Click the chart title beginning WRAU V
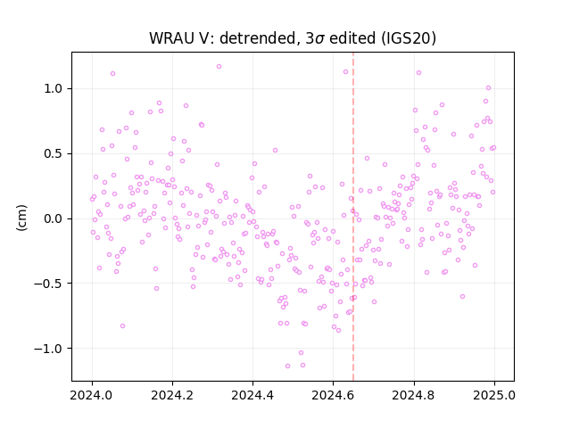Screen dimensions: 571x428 tap(293, 38)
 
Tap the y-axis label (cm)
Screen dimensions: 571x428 tap(21, 218)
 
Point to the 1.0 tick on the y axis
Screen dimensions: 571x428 tap(54, 89)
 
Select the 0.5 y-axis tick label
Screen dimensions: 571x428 tap(54, 153)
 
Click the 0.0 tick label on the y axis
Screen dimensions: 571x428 tap(54, 218)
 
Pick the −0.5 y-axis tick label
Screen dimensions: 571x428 tap(48, 284)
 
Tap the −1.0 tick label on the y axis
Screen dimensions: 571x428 tap(48, 349)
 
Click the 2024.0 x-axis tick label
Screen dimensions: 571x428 tap(92, 395)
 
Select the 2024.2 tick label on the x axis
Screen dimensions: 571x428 tap(172, 395)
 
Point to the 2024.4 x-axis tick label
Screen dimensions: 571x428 tap(252, 395)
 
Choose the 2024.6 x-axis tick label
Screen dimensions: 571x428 tap(333, 395)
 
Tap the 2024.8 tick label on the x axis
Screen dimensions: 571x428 tap(414, 395)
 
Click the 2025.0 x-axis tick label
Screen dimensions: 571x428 tap(494, 395)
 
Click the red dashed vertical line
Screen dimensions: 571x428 tap(353, 217)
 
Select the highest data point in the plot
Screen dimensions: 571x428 tap(219, 67)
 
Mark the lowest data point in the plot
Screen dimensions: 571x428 tap(287, 366)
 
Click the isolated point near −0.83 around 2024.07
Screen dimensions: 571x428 tap(123, 325)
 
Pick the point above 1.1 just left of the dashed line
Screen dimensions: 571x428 tap(345, 72)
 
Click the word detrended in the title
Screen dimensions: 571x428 tap(258, 38)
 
